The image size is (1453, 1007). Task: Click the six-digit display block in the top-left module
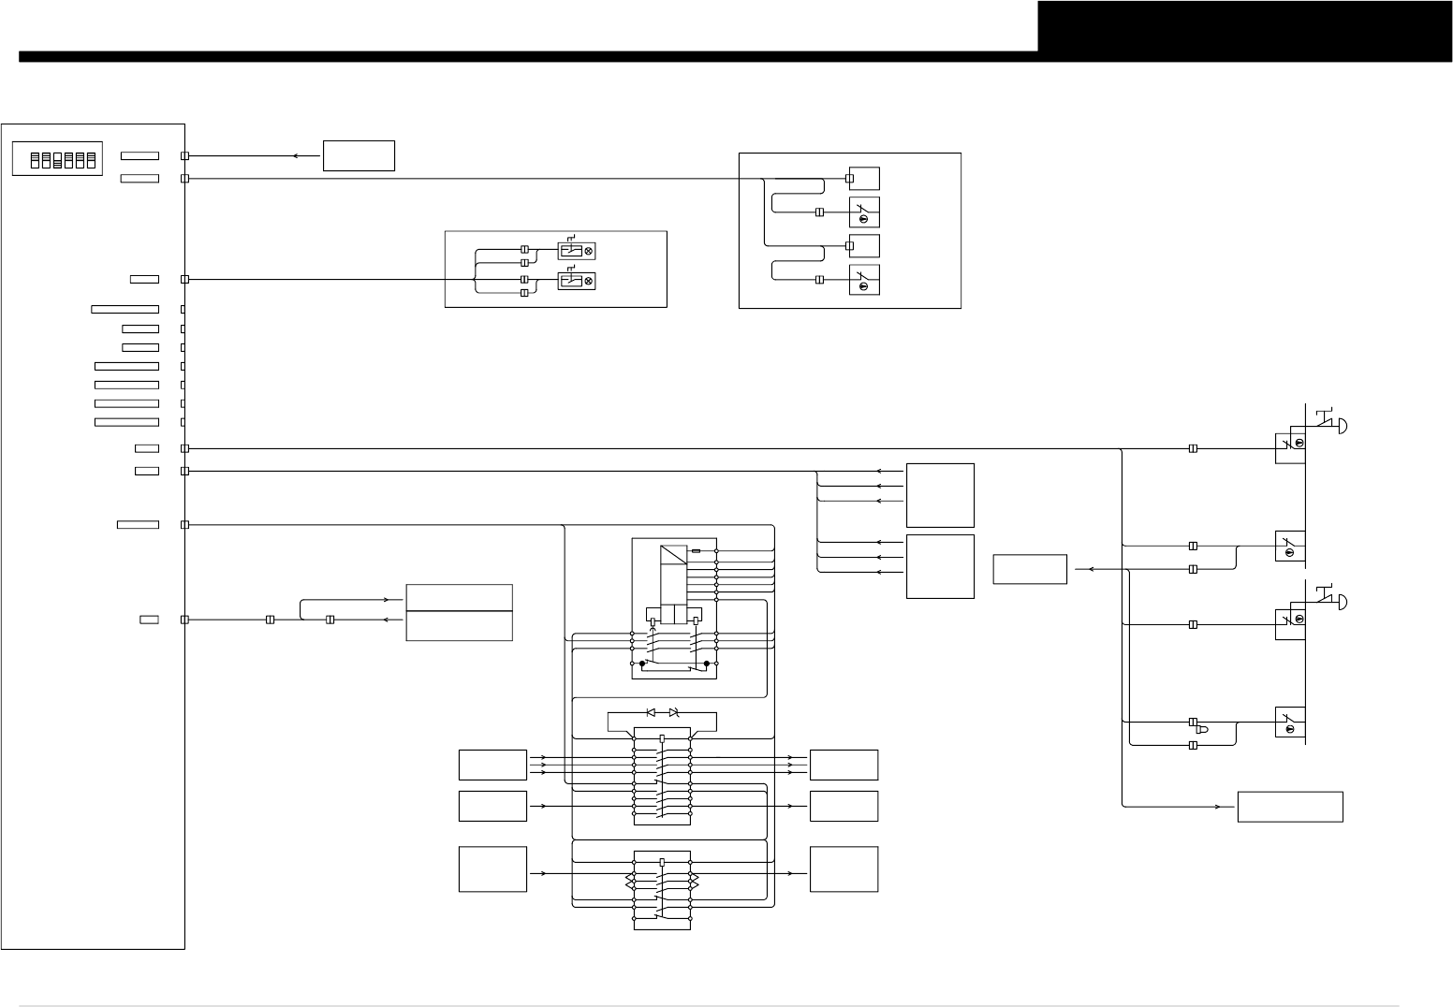coord(57,159)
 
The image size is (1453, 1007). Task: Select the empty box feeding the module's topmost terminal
coord(359,155)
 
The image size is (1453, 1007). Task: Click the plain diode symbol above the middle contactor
coord(652,712)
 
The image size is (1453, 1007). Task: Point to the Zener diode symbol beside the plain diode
coord(674,712)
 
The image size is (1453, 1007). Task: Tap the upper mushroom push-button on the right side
coord(1341,426)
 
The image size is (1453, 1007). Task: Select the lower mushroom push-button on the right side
coord(1341,602)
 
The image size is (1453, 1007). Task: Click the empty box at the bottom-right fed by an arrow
coord(1290,807)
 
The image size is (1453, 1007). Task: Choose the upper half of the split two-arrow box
coord(459,597)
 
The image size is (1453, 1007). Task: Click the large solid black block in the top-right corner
coord(1244,25)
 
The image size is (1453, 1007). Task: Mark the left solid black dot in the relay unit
coord(642,663)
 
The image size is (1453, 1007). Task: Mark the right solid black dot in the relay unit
coord(707,663)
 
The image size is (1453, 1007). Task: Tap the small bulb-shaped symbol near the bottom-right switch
coord(1202,729)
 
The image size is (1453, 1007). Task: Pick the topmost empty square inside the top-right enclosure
coord(864,178)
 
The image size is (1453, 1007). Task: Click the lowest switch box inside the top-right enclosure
coord(864,279)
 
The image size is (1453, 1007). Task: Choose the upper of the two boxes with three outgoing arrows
coord(940,495)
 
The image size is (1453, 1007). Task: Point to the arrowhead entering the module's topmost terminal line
coord(296,156)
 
